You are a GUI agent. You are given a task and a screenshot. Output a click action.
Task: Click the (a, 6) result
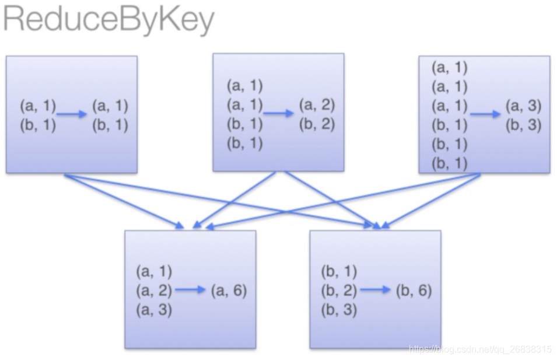coord(229,290)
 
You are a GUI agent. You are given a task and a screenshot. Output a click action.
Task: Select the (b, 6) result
coord(414,290)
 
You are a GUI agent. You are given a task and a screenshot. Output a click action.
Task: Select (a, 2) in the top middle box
coord(317,106)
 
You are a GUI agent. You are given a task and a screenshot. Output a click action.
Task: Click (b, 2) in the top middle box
coord(317,124)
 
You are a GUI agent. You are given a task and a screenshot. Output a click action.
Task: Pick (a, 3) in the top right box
coord(523,106)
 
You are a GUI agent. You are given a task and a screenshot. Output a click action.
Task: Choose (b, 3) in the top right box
coord(523,124)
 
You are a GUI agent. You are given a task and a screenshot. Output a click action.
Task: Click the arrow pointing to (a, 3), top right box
coord(485,114)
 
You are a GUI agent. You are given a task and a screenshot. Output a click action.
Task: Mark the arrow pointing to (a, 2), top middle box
coord(279,114)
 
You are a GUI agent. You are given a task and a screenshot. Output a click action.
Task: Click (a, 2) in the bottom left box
coord(154,290)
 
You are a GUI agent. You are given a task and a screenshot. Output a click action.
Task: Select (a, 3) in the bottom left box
coord(154,309)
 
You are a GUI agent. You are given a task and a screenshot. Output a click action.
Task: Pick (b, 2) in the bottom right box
coord(339,290)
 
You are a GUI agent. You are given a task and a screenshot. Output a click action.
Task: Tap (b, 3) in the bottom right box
coord(339,309)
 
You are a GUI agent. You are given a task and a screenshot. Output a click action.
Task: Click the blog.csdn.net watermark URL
coord(479,349)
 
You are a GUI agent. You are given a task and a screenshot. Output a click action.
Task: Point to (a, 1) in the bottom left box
coord(154,271)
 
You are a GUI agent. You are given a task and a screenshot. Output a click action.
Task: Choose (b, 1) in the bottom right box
coord(339,271)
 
